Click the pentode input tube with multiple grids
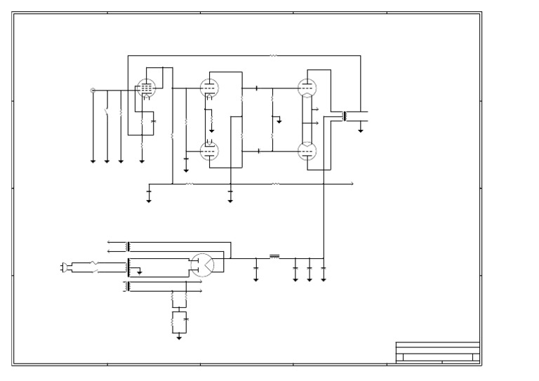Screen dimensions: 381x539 (145, 88)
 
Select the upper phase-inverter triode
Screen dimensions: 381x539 (208, 88)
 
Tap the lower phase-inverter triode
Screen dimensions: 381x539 (208, 151)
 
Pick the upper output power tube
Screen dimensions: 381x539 (306, 88)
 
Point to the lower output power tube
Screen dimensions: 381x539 (306, 151)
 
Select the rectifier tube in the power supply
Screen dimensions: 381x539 (202, 263)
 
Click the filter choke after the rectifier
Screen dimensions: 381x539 (274, 257)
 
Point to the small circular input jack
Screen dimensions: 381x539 (93, 90)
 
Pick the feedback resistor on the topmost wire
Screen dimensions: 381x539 (274, 55)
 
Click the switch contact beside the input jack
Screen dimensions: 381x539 (107, 112)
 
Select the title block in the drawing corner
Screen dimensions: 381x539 (437, 352)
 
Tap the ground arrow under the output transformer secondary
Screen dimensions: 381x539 (361, 130)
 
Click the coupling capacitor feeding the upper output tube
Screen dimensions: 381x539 (257, 88)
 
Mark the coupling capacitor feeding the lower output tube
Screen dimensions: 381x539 (259, 151)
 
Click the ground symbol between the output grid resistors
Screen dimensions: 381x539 (279, 121)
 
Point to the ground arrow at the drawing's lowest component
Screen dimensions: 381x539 (179, 337)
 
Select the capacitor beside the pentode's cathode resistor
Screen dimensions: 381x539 (154, 121)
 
